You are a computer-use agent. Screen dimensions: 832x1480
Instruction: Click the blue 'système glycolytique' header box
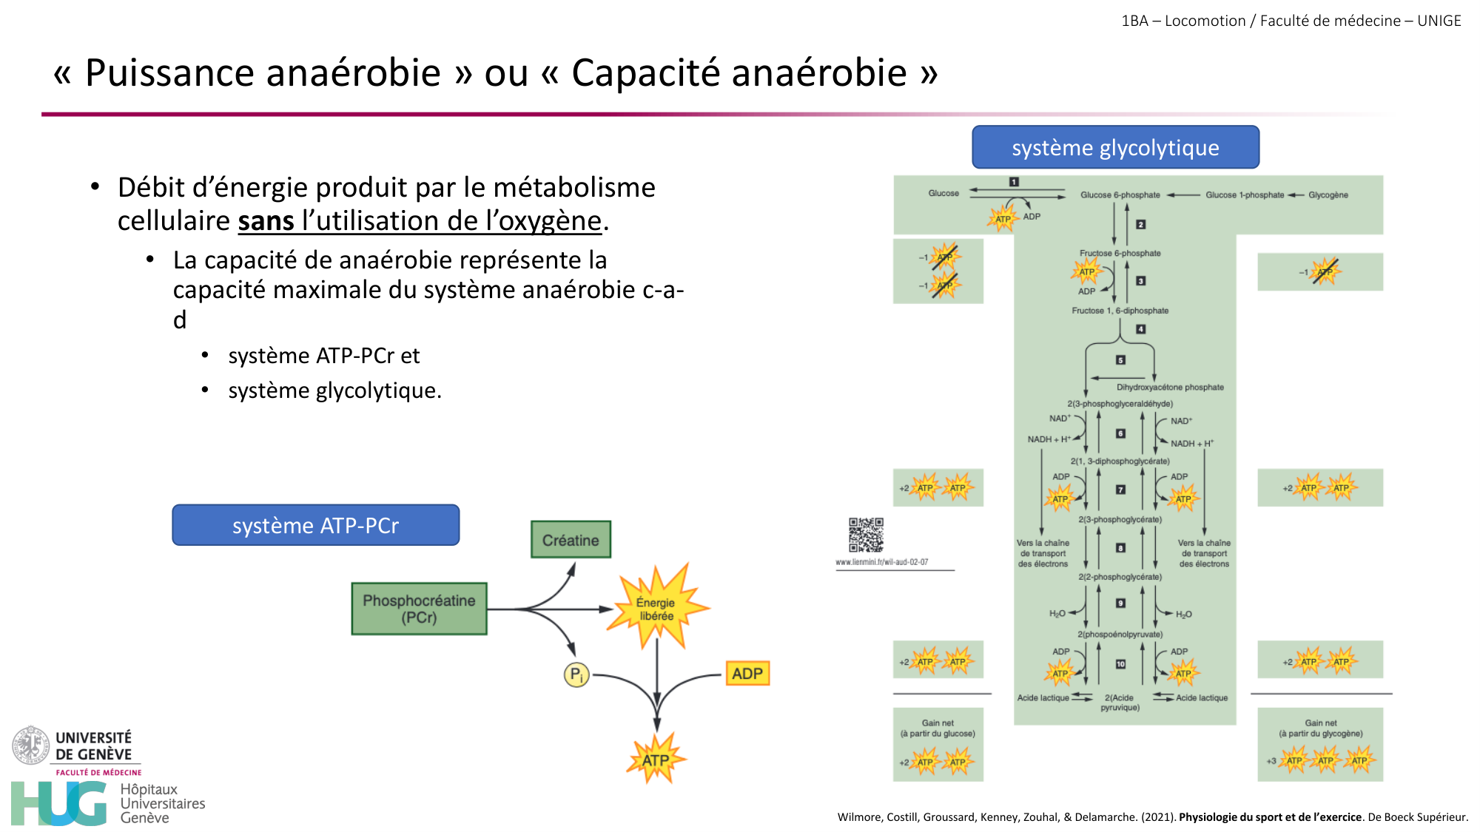pos(1115,147)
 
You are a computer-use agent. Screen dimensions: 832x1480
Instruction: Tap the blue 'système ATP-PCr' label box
pos(315,525)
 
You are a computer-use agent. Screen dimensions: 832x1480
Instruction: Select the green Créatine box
pos(571,540)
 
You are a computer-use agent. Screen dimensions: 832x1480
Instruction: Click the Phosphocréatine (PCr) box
pos(419,609)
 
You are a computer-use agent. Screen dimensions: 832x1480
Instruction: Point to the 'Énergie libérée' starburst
pos(656,609)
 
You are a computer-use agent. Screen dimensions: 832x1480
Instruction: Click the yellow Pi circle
pos(576,674)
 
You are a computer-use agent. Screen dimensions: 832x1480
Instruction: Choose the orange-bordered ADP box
pos(747,674)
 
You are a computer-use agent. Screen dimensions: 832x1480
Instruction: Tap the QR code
pos(866,535)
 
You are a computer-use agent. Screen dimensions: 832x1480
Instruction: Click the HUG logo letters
pos(59,804)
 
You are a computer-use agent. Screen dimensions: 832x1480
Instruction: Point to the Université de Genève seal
pos(30,745)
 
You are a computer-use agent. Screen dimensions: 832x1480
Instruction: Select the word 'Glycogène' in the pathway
pos(1328,195)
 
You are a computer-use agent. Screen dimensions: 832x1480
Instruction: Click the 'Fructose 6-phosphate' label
pos(1120,253)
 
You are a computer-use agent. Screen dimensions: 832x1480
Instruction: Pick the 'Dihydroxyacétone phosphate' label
pos(1170,387)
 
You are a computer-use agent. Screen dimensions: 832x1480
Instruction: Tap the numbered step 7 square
pos(1120,490)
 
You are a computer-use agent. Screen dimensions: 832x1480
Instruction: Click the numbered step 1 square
pos(1014,182)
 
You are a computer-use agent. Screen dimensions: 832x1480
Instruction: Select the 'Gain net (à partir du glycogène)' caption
pos(1320,728)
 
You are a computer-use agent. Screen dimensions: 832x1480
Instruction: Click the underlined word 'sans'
pos(266,221)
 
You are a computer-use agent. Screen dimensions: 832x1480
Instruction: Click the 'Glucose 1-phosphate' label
pos(1245,195)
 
